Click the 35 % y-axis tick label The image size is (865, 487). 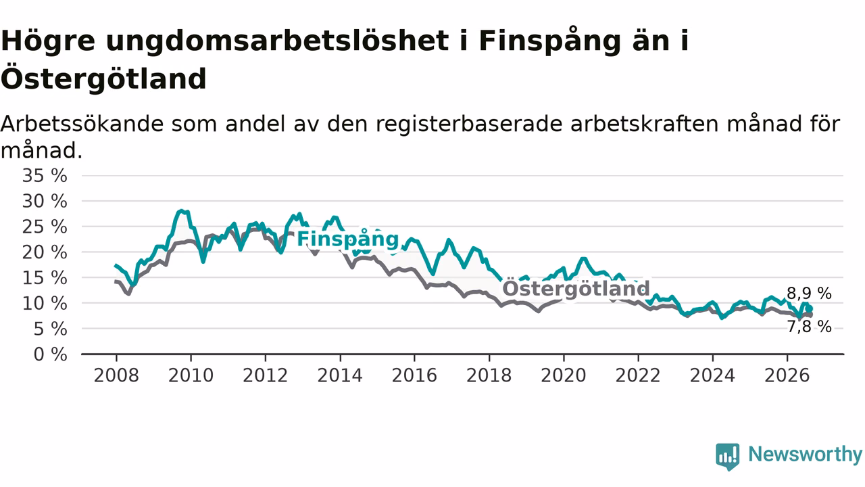tap(45, 176)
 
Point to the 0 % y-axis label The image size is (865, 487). tap(51, 354)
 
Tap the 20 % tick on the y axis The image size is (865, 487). tap(45, 252)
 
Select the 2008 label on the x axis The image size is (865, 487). tap(116, 375)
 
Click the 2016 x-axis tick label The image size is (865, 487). tap(414, 375)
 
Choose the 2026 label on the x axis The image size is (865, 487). tap(787, 375)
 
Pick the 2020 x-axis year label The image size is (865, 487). tap(564, 375)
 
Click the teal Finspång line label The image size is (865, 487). tap(347, 239)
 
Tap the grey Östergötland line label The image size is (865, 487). tap(576, 288)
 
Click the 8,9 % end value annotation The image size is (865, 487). tap(809, 294)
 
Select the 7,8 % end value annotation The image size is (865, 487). tap(809, 327)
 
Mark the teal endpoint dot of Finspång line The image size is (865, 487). tap(810, 309)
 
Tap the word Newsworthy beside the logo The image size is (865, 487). tap(805, 455)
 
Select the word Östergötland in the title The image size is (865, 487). tap(103, 78)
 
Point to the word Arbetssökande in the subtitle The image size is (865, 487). tap(82, 124)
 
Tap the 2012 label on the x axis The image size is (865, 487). tap(266, 375)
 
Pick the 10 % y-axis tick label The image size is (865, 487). tap(45, 304)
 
